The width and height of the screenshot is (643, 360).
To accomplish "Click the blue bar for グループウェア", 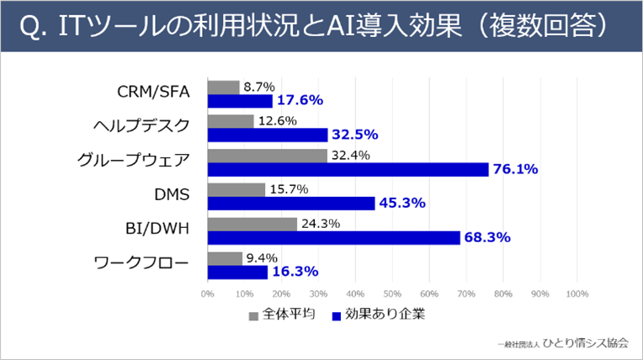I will coord(347,169).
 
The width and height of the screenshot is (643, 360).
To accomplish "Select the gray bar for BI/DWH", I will coord(252,224).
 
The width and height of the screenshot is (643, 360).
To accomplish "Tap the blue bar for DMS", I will coord(290,204).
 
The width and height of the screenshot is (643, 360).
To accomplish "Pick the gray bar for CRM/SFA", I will coord(223,87).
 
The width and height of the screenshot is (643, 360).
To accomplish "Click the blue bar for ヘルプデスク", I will coord(267,135).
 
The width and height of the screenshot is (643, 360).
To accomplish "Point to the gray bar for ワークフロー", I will coord(224,258).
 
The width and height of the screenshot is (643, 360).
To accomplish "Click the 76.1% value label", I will coord(516,169).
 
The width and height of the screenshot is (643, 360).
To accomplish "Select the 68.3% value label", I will coord(488,238).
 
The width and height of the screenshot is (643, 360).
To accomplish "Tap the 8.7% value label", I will coord(258,87).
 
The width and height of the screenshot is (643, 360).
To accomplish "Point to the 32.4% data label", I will coord(349,155).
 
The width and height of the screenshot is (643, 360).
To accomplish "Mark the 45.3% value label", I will coord(402,204).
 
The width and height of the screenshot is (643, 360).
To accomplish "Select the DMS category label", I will coord(173,195).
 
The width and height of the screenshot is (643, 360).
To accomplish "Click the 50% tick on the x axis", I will coord(392,294).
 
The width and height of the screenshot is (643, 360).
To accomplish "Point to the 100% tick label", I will coord(577,294).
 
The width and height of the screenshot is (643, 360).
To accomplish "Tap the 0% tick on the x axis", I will coord(207,294).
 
